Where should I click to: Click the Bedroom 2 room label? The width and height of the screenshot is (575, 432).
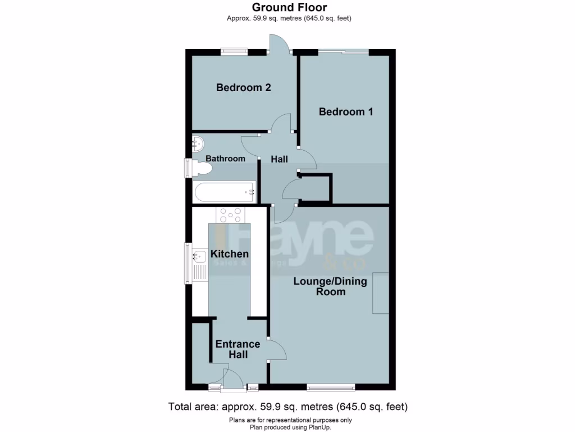244,88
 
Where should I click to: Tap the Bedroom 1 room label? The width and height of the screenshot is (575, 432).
346,112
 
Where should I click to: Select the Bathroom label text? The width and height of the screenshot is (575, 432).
225,159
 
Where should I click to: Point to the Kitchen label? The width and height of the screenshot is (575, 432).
230,254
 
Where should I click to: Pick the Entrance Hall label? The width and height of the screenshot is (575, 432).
238,349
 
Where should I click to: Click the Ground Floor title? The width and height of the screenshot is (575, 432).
289,7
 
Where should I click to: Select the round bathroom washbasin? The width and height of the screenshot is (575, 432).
199,143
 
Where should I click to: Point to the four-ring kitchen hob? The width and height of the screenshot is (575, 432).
231,215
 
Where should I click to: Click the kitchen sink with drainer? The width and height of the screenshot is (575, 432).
200,265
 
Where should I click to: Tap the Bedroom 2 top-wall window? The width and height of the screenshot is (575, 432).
234,52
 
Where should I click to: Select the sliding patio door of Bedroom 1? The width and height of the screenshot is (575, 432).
345,52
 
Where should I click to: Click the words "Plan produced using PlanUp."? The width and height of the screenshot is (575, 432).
289,427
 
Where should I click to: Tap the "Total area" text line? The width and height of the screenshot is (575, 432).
288,406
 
